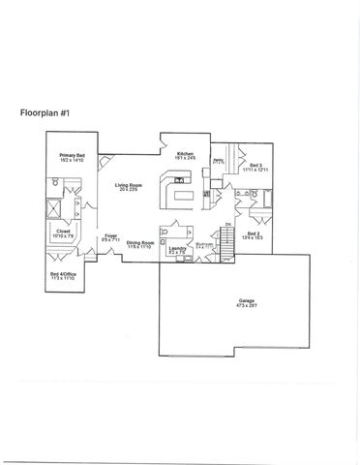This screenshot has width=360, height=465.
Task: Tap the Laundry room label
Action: coord(176,250)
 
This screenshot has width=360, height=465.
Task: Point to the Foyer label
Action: coord(111,236)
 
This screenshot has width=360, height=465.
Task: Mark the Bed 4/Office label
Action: coord(63,276)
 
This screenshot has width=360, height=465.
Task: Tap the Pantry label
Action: coord(219,161)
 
